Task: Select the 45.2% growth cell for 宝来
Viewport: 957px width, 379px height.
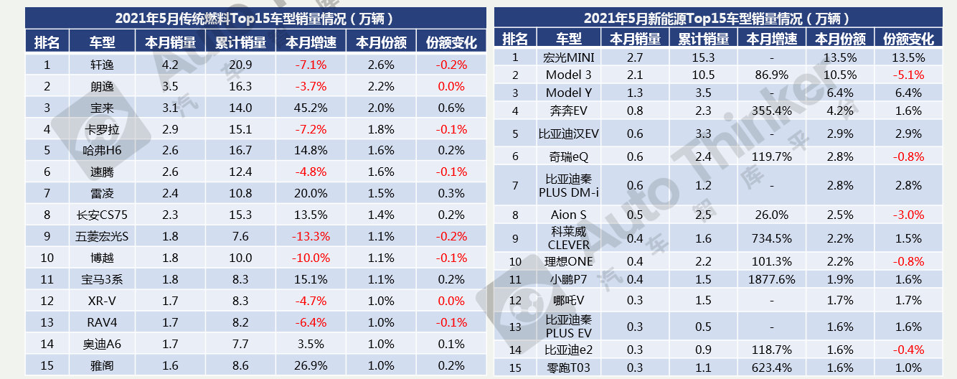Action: point(311,108)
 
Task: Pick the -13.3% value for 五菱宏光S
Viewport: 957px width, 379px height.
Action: point(311,236)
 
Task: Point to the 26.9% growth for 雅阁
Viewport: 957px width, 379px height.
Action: point(311,365)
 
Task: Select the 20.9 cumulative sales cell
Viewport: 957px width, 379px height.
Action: point(240,65)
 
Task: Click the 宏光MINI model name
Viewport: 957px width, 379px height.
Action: point(569,57)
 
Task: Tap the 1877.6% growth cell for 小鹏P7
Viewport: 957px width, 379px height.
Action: point(771,279)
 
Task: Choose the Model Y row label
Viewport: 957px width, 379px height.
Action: point(569,93)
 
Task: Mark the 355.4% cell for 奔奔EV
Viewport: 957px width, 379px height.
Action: point(771,111)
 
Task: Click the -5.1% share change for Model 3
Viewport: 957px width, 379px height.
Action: point(908,75)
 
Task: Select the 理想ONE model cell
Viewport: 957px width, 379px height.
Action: point(569,261)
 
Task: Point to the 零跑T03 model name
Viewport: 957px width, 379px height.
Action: point(569,368)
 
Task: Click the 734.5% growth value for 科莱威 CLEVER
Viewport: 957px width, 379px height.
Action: point(771,238)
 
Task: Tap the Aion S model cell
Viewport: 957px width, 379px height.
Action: point(569,215)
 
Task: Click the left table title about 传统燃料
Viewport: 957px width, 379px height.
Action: point(255,19)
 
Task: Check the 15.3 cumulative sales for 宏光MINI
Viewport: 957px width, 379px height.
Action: point(704,57)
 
